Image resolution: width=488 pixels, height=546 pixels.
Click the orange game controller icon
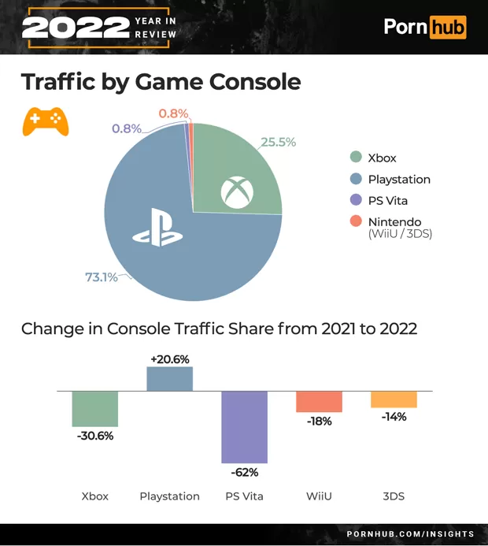[x=45, y=121]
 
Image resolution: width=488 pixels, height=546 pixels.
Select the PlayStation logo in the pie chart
[x=157, y=228]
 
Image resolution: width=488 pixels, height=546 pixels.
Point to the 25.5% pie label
[x=278, y=142]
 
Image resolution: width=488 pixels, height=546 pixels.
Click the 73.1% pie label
[x=101, y=277]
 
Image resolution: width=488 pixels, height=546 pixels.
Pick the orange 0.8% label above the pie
[x=173, y=113]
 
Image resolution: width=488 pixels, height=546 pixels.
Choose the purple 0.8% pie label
[x=126, y=128]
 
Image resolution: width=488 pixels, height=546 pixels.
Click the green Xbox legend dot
[x=355, y=158]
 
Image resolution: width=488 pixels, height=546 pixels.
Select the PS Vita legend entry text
[x=387, y=200]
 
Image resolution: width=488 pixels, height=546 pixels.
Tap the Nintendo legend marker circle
[x=355, y=221]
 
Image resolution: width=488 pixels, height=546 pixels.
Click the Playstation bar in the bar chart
[x=169, y=379]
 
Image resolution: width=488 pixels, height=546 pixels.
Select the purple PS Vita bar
[x=244, y=426]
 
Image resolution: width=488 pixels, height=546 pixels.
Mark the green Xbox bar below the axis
[x=95, y=408]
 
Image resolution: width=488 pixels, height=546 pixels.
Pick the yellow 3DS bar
[x=394, y=399]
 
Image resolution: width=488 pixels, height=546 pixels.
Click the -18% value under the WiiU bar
[x=319, y=422]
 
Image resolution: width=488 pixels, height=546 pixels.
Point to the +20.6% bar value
[x=169, y=358]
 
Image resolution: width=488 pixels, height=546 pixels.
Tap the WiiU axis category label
[x=319, y=496]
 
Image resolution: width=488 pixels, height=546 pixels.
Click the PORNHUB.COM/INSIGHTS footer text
[x=410, y=533]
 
